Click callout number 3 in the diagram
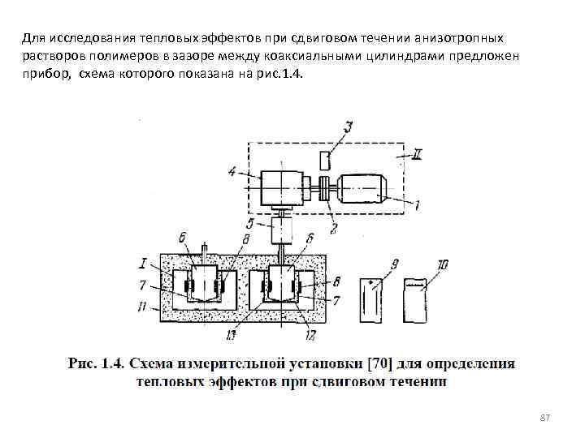point(347,127)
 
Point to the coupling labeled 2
point(326,188)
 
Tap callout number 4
point(232,170)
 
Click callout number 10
point(443,265)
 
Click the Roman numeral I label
point(144,262)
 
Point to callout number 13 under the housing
point(232,333)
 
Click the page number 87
point(545,417)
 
